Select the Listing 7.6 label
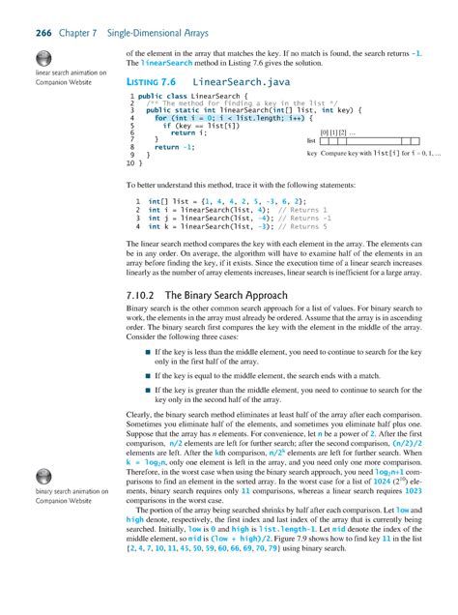tap(155, 84)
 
